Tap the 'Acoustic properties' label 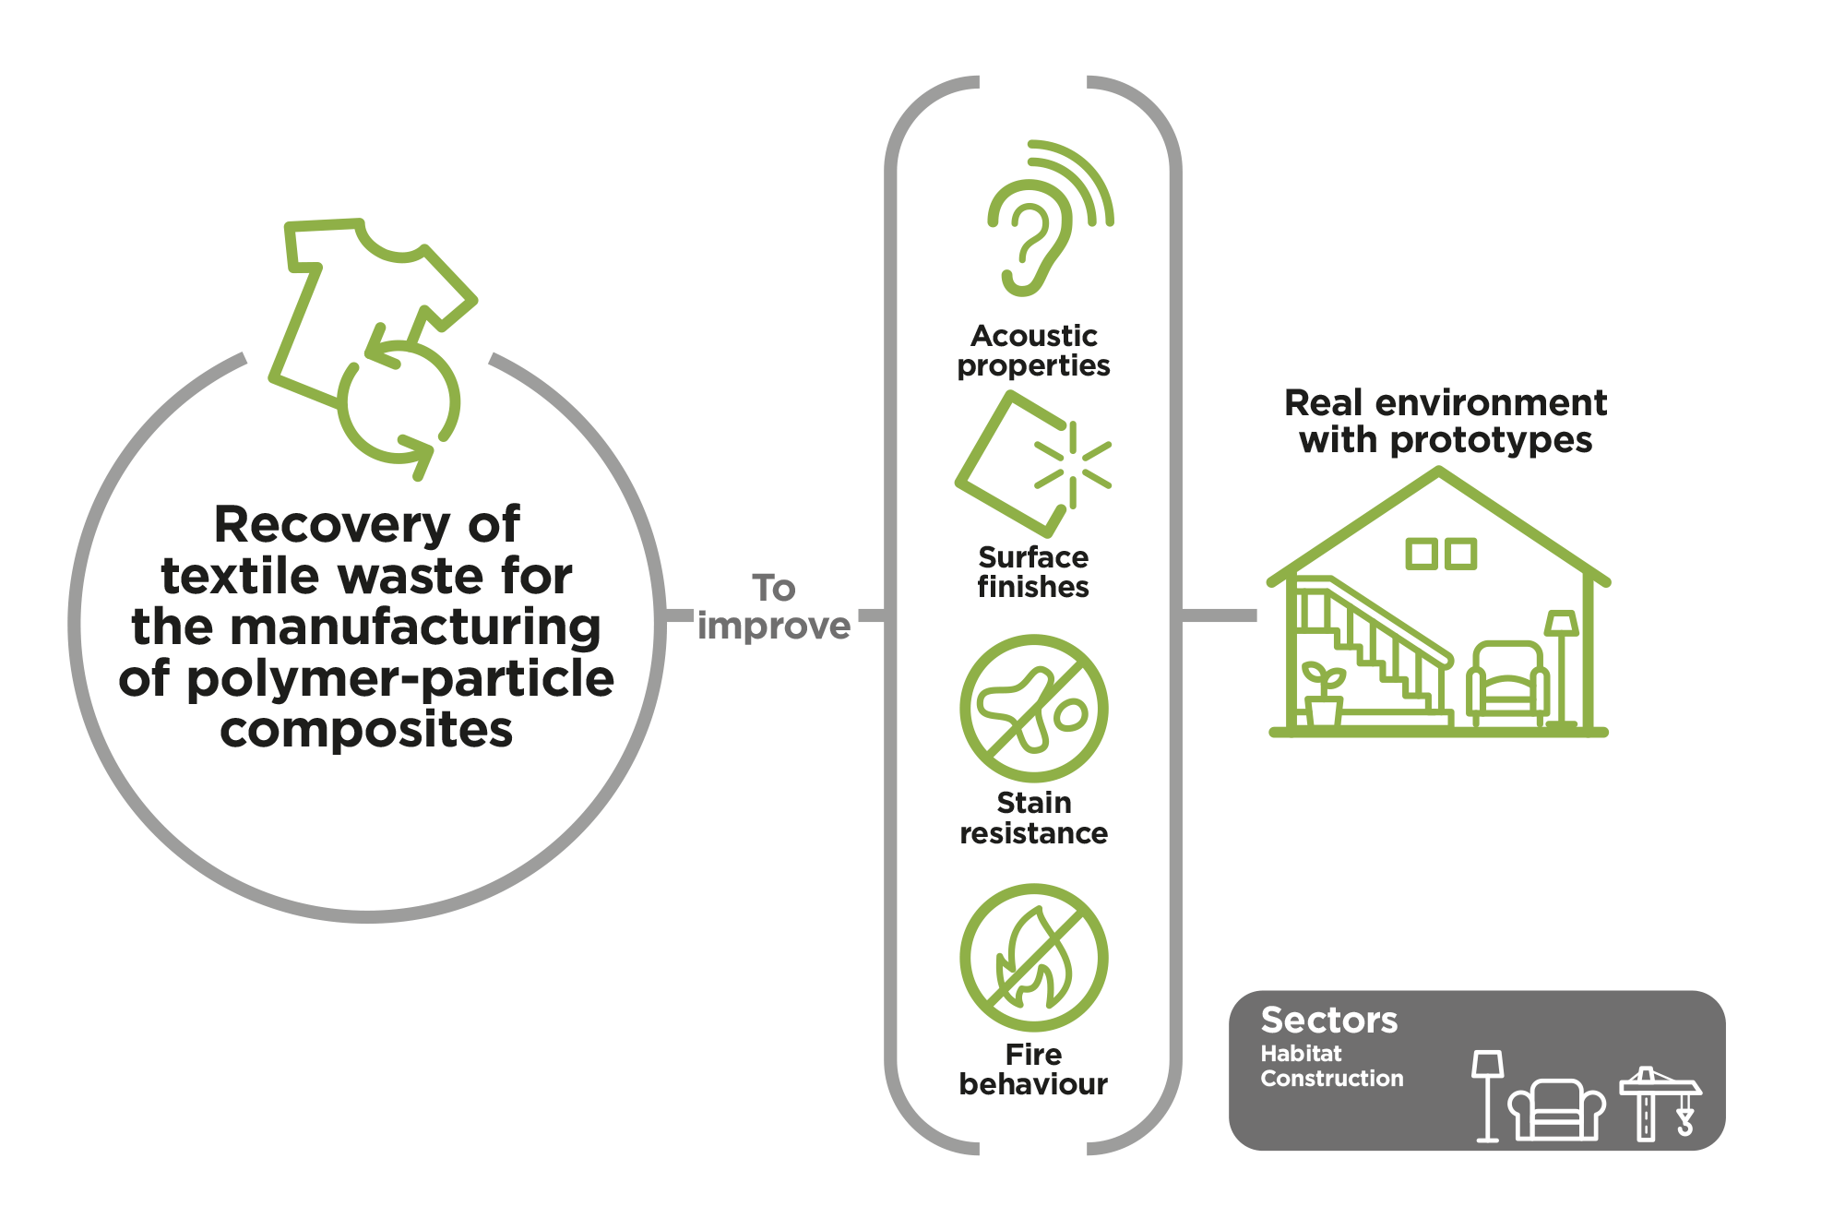click(1033, 351)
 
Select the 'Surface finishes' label click(1033, 572)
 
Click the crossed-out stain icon click(1034, 709)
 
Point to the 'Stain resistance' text click(1033, 818)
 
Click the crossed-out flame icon click(1034, 958)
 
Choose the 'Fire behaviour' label click(1033, 1069)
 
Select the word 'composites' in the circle click(366, 730)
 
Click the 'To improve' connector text click(774, 607)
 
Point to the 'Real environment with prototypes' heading click(1446, 421)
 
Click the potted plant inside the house click(1323, 693)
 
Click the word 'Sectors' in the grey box click(1329, 1021)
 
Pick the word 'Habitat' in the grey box click(1301, 1054)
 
